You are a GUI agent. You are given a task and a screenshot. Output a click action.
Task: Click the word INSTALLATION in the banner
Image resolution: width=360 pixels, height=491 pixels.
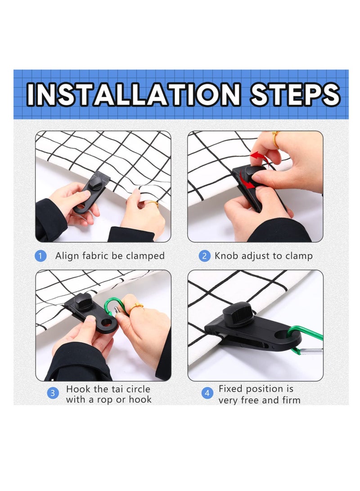coord(134,94)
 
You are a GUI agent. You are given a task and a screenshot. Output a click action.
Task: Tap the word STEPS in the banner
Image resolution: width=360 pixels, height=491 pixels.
coord(295,94)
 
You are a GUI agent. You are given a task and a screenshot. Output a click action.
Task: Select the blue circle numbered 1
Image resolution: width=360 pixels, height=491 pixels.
coord(40,256)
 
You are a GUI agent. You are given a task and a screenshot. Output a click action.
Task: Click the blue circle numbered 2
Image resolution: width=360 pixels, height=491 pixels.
coord(204,256)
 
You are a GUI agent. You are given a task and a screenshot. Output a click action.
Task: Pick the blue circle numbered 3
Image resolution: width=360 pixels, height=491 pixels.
coord(53,393)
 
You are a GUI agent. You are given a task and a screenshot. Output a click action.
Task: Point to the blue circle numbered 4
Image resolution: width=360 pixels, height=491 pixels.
coord(207,393)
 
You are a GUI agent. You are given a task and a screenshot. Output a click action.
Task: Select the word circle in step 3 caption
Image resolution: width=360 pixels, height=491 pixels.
coord(136,389)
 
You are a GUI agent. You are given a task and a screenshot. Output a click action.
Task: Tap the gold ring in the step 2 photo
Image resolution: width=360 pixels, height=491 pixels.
coord(275,140)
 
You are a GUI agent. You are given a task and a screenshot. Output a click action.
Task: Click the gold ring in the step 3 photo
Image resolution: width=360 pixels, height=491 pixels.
coord(136,307)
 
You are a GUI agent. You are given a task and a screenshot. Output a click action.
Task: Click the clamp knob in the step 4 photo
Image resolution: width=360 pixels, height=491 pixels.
coord(238,313)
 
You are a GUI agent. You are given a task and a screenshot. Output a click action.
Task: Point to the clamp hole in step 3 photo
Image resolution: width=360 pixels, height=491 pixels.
coord(107,323)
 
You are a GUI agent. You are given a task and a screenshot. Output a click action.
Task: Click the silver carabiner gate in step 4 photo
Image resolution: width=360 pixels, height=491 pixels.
coord(311,351)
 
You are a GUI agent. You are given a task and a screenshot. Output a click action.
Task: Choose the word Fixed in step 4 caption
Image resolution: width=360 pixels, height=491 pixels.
coord(230,388)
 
